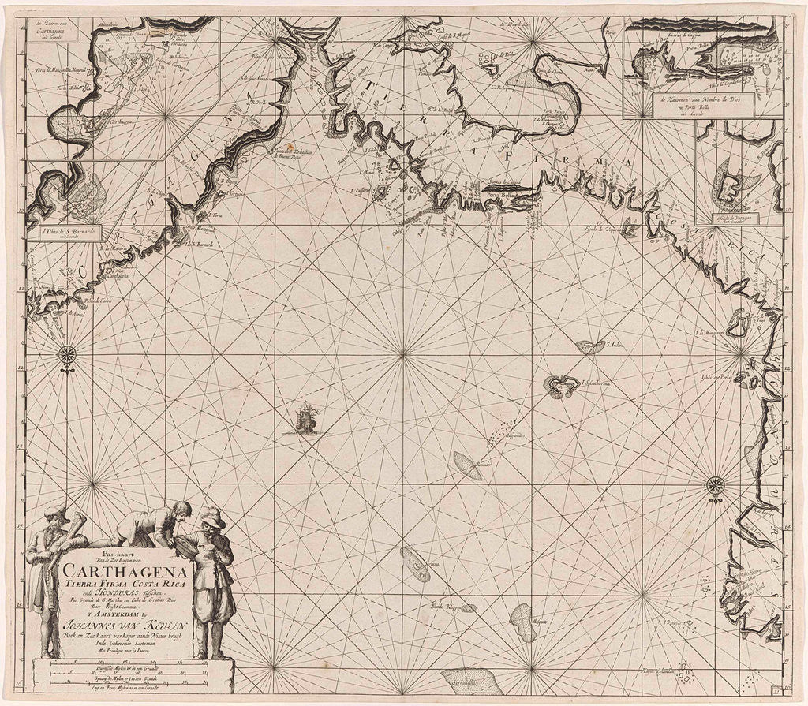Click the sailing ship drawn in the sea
306,418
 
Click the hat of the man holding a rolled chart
57,513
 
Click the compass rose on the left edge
67,355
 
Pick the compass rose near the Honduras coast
716,484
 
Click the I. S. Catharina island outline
561,386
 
